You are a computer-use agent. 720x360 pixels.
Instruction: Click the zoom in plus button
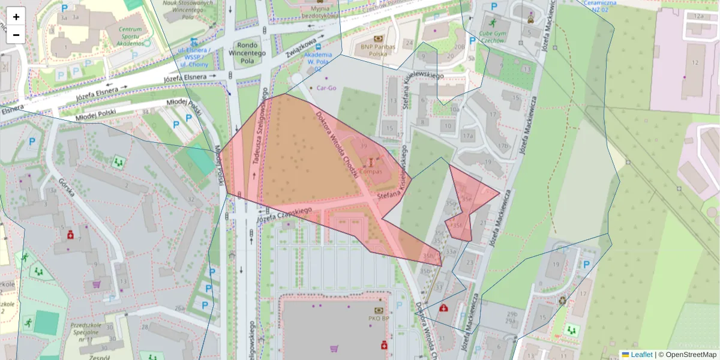pyautogui.click(x=16, y=17)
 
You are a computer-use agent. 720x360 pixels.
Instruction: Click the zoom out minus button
pyautogui.click(x=16, y=35)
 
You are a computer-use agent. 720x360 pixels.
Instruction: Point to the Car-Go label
pyautogui.click(x=327, y=88)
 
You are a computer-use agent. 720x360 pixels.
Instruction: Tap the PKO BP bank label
pyautogui.click(x=379, y=319)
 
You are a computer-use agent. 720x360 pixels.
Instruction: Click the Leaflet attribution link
pyautogui.click(x=640, y=355)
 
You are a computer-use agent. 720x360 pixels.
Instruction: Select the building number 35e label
pyautogui.click(x=466, y=199)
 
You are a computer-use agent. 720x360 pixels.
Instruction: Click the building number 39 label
pyautogui.click(x=364, y=146)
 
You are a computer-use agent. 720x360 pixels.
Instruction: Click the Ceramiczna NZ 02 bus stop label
pyautogui.click(x=604, y=6)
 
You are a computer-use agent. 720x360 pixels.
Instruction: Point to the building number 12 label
pyautogui.click(x=695, y=62)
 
